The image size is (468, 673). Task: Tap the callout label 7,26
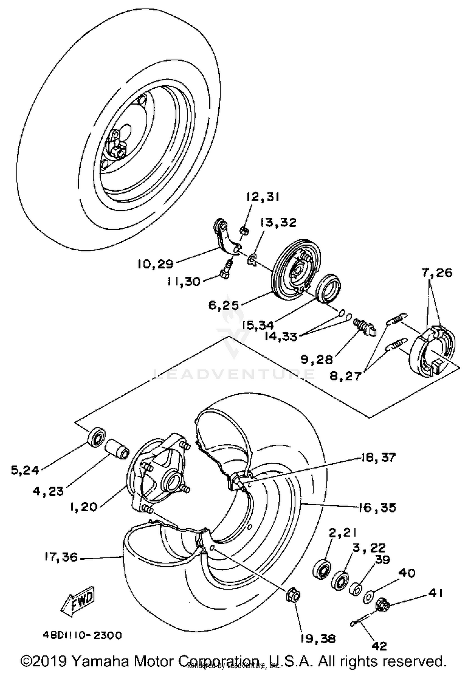[437, 273]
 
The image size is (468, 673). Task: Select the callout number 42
[379, 646]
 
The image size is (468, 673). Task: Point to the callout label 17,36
[61, 557]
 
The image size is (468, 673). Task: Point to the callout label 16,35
[376, 508]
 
